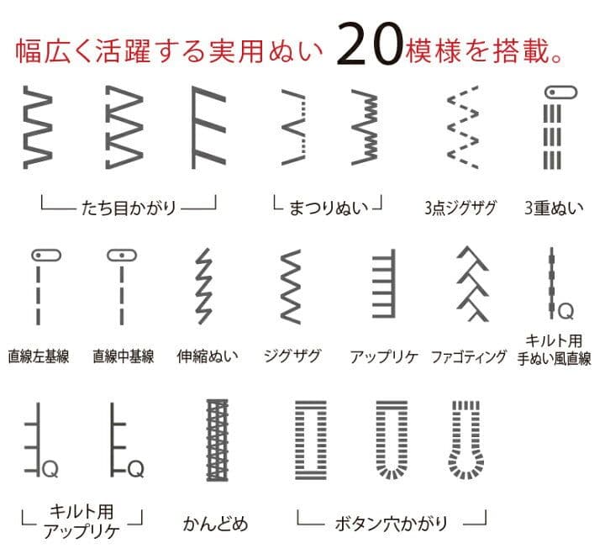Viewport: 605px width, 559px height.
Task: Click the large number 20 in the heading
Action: point(370,44)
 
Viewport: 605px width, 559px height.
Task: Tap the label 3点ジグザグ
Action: point(460,208)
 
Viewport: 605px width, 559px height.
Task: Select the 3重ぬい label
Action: point(554,208)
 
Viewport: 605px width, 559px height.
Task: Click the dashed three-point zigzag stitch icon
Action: point(463,127)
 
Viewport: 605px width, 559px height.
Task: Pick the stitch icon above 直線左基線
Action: point(46,287)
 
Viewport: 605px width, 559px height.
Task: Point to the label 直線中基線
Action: point(123,356)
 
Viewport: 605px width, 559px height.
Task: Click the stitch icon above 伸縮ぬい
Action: point(203,286)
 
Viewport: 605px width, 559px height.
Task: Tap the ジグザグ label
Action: point(292,356)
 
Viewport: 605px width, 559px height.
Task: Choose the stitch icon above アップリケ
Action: point(384,283)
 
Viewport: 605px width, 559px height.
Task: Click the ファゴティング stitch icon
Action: point(472,284)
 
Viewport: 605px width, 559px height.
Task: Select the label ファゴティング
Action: point(468,356)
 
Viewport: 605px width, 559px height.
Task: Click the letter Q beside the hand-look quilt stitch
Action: point(566,311)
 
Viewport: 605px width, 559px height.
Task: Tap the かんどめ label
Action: point(215,524)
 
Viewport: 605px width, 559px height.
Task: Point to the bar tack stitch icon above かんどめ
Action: point(218,440)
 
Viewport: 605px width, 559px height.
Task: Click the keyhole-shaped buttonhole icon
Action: point(466,440)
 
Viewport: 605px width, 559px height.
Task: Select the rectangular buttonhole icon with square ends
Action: point(311,440)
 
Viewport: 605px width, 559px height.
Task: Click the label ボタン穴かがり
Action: point(392,524)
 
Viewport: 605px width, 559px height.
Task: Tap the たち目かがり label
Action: point(129,208)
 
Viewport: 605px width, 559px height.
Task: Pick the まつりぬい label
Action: point(329,208)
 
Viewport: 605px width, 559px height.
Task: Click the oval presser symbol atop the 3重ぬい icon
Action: point(560,92)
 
